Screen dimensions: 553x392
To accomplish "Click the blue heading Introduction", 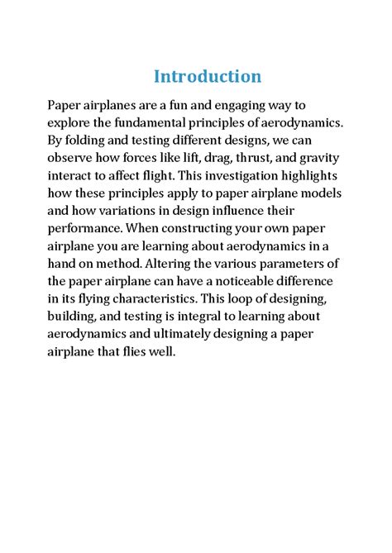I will (208, 77).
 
